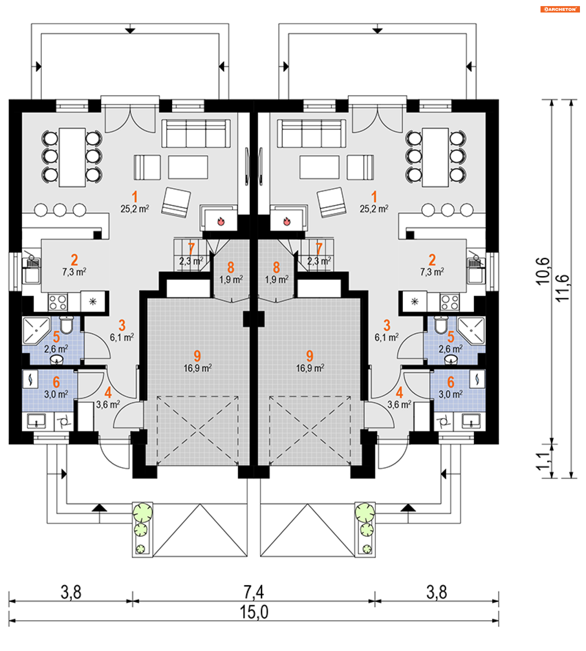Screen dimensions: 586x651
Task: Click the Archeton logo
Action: click(x=560, y=9)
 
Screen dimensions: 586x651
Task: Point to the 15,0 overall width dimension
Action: click(x=254, y=612)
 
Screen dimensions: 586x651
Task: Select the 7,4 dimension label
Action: click(x=254, y=592)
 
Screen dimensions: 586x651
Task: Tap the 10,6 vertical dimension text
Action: click(x=543, y=271)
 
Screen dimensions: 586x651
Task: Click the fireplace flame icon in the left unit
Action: click(x=221, y=221)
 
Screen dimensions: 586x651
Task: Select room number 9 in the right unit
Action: click(x=310, y=356)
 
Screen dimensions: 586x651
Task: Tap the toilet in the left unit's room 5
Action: click(x=67, y=325)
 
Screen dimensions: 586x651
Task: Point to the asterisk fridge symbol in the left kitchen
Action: click(x=93, y=301)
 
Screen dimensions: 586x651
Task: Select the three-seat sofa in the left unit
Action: click(x=196, y=134)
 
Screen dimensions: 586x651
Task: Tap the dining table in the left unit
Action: click(x=72, y=157)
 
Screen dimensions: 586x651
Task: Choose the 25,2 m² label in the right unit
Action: click(x=374, y=209)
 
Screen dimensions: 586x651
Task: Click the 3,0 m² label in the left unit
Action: click(x=56, y=394)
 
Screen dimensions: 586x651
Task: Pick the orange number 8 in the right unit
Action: click(x=276, y=268)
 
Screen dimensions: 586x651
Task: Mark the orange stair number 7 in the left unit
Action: click(x=191, y=248)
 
